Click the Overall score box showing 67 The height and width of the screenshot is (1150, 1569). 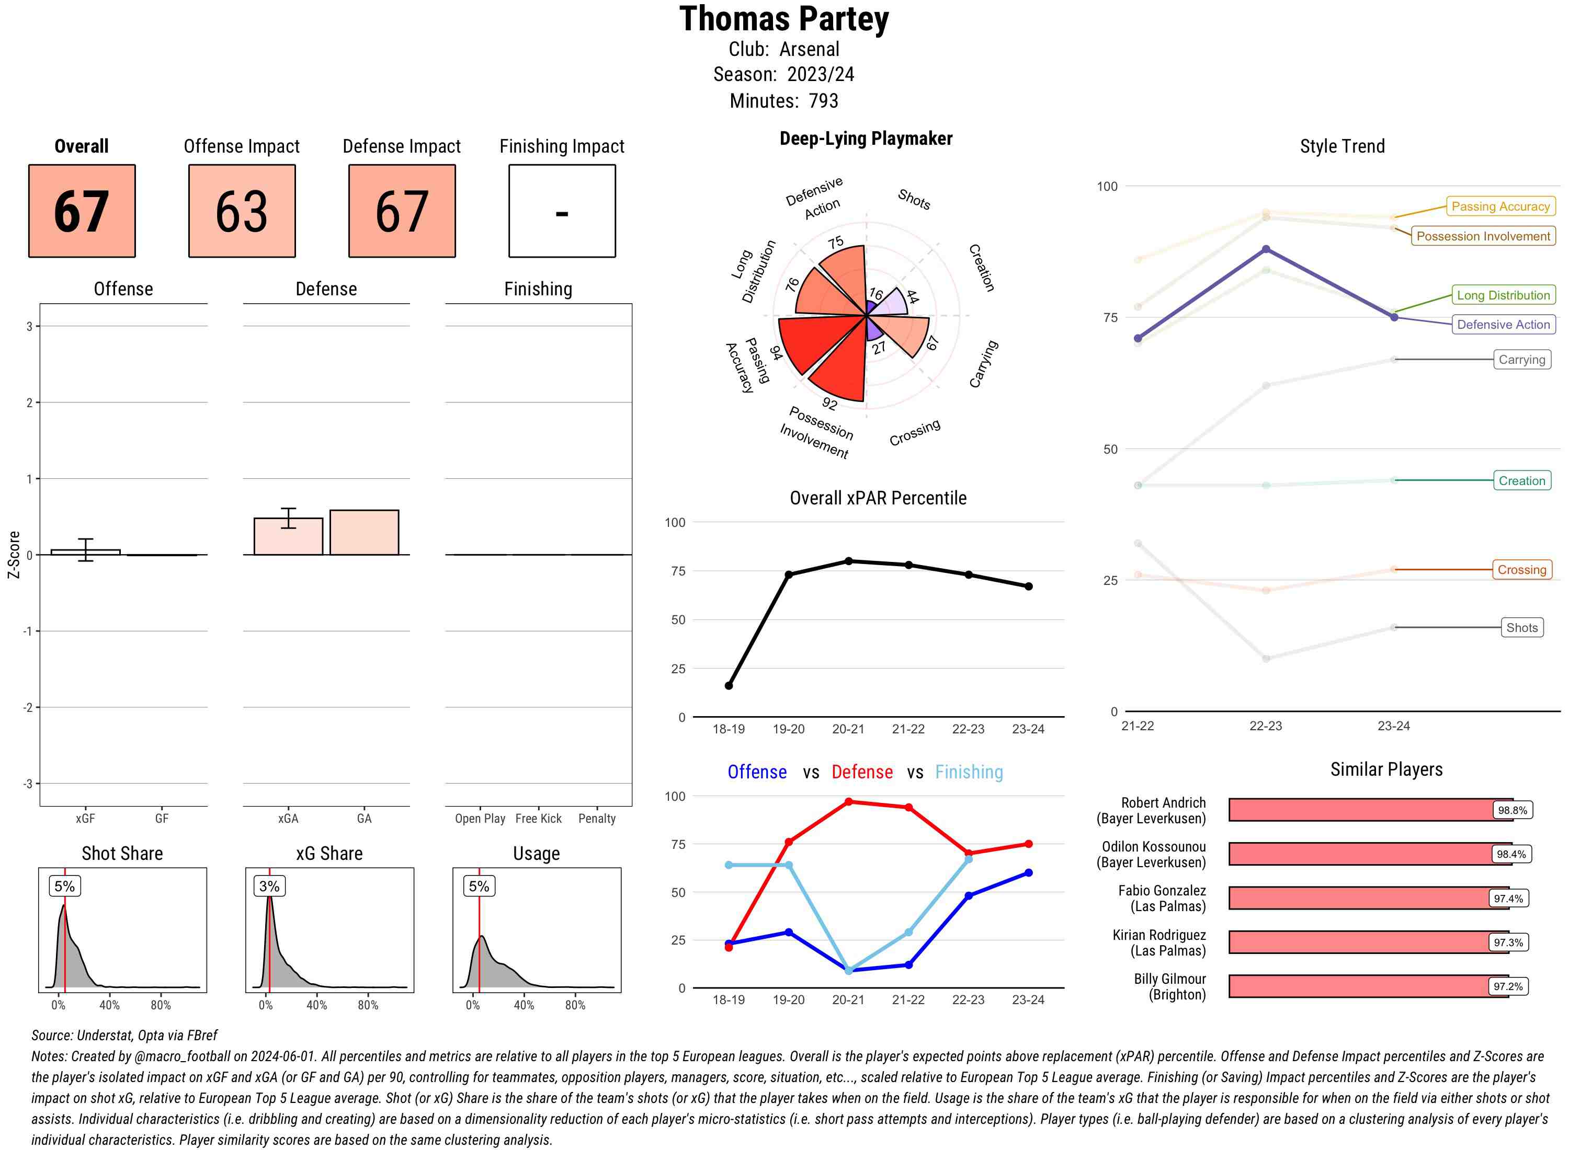pyautogui.click(x=82, y=211)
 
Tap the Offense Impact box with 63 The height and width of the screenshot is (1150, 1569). pyautogui.click(x=242, y=211)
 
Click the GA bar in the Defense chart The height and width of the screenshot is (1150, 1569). pyautogui.click(x=364, y=533)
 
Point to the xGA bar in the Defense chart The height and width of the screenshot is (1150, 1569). pyautogui.click(x=288, y=537)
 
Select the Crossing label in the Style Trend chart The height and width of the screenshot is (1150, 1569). pyautogui.click(x=1521, y=569)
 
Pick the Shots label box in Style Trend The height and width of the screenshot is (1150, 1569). pyautogui.click(x=1521, y=627)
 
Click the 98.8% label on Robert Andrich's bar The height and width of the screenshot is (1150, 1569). pyautogui.click(x=1512, y=810)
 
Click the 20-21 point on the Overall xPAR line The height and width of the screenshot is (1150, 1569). pyautogui.click(x=848, y=561)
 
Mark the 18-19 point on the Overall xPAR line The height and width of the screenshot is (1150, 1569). pyautogui.click(x=729, y=686)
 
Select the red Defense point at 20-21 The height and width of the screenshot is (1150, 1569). pyautogui.click(x=848, y=802)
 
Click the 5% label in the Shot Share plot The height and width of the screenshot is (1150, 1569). pyautogui.click(x=64, y=886)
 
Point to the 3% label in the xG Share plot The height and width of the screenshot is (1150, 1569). pyautogui.click(x=269, y=886)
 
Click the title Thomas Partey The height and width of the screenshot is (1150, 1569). pyautogui.click(x=784, y=19)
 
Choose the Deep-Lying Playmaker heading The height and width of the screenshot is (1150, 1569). pyautogui.click(x=866, y=139)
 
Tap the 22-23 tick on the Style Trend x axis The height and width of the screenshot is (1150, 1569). pyautogui.click(x=1265, y=726)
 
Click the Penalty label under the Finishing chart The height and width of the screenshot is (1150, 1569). pyautogui.click(x=597, y=819)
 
